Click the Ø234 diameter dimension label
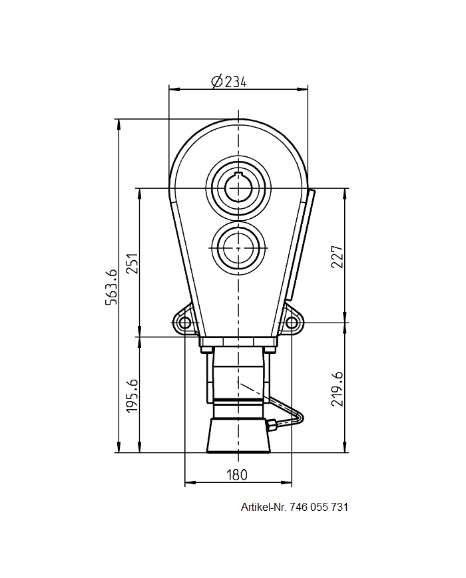228,81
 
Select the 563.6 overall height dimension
111,286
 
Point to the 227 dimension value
337,257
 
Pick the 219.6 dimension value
337,388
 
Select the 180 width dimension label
237,475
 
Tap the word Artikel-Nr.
264,507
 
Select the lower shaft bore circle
238,247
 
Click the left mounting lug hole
184,323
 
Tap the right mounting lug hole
291,323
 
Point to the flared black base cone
238,436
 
